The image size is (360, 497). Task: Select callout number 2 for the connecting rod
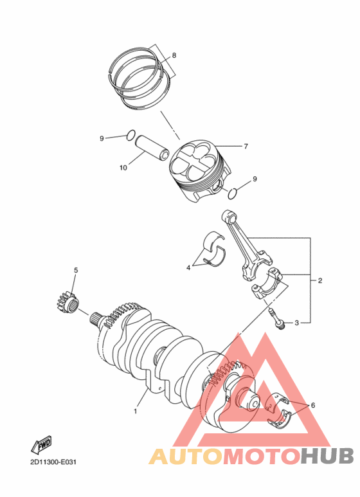coord(319,281)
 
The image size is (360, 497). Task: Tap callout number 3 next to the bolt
coord(297,323)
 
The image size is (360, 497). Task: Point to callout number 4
coord(189,267)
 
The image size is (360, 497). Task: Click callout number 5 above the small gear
coord(75,270)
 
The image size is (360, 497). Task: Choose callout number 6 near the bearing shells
coord(312,405)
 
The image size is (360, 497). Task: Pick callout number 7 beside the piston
coord(246,146)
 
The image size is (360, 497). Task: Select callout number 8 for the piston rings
coord(173,55)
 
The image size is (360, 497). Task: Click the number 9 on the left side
coord(102,138)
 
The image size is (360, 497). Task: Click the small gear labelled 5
coord(66,301)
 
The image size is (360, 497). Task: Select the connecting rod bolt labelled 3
coord(277,318)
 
